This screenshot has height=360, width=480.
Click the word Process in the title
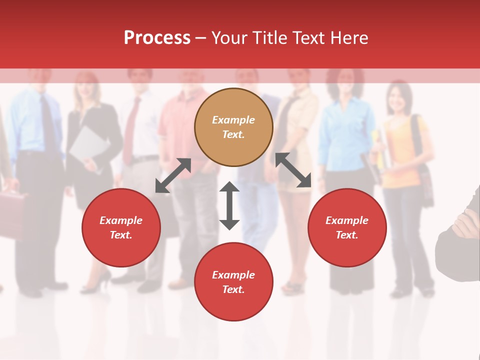tap(157, 38)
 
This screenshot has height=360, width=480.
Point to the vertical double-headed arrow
tap(229, 205)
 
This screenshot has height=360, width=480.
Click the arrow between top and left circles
tap(173, 175)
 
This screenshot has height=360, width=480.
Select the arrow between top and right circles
tap(293, 170)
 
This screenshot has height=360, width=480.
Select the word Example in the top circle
tap(233, 120)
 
